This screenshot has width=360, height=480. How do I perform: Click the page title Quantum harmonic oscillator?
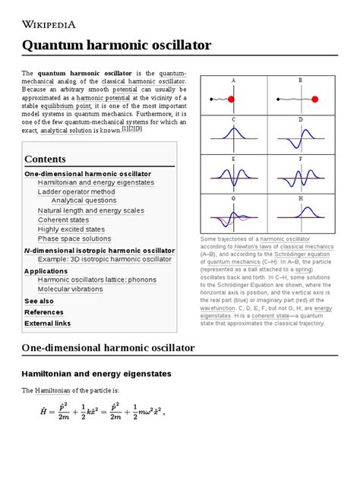(x=118, y=45)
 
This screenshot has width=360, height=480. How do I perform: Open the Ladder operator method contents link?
(x=76, y=192)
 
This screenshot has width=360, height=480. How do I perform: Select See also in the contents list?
(x=39, y=301)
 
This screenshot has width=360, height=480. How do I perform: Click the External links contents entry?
(x=47, y=323)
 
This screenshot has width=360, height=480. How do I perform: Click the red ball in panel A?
(x=231, y=98)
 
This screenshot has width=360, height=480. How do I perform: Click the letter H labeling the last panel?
(x=301, y=198)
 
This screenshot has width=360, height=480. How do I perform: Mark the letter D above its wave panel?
(x=301, y=119)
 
